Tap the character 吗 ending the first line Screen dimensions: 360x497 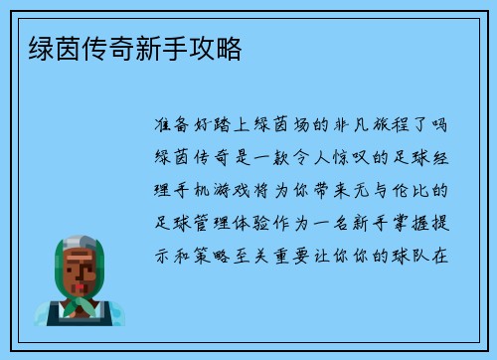coord(442,126)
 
